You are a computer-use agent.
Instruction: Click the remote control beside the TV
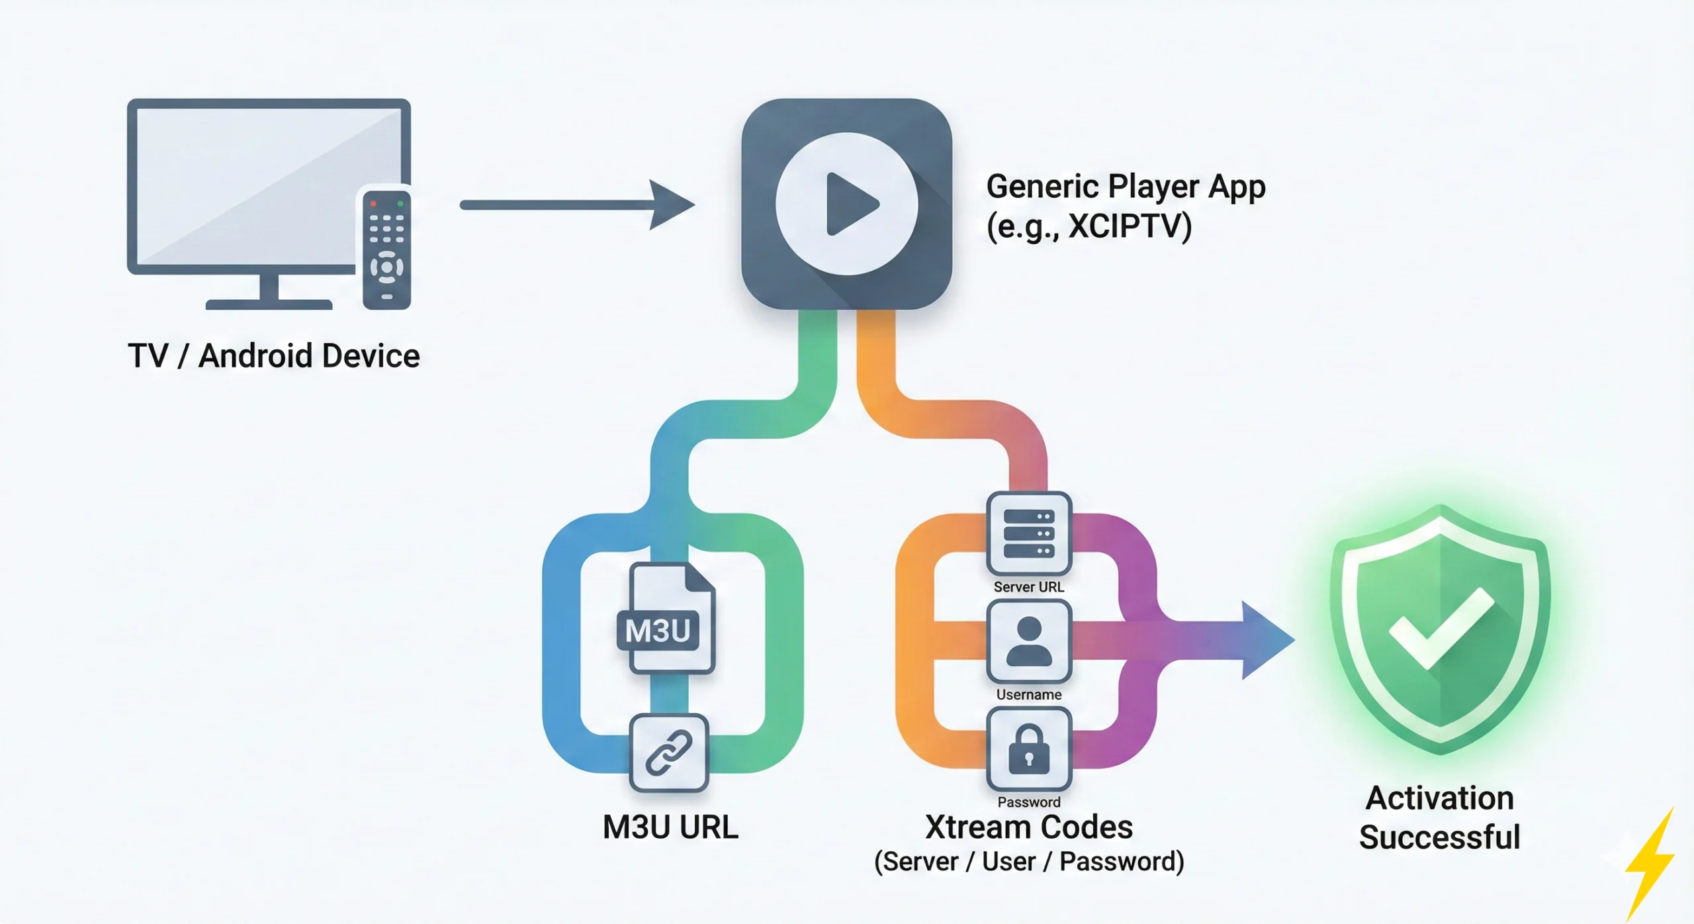(x=386, y=250)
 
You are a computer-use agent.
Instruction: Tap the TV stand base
(x=269, y=304)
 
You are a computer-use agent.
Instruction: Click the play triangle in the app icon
(x=850, y=204)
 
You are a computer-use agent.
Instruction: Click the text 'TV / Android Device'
(x=273, y=356)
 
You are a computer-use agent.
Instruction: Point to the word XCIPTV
(x=1130, y=226)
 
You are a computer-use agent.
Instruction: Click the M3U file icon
(x=666, y=619)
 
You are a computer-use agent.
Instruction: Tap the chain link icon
(x=668, y=753)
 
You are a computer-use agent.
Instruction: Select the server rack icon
(x=1028, y=533)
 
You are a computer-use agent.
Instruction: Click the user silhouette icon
(x=1028, y=641)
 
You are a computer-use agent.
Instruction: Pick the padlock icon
(x=1028, y=750)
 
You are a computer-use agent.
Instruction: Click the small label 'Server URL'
(x=1028, y=587)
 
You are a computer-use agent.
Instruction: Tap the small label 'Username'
(x=1028, y=694)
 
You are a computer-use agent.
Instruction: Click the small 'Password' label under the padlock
(x=1028, y=802)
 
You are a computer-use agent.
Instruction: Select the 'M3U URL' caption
(x=670, y=827)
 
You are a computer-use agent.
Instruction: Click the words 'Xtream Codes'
(x=1028, y=827)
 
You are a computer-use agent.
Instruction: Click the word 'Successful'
(x=1440, y=837)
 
